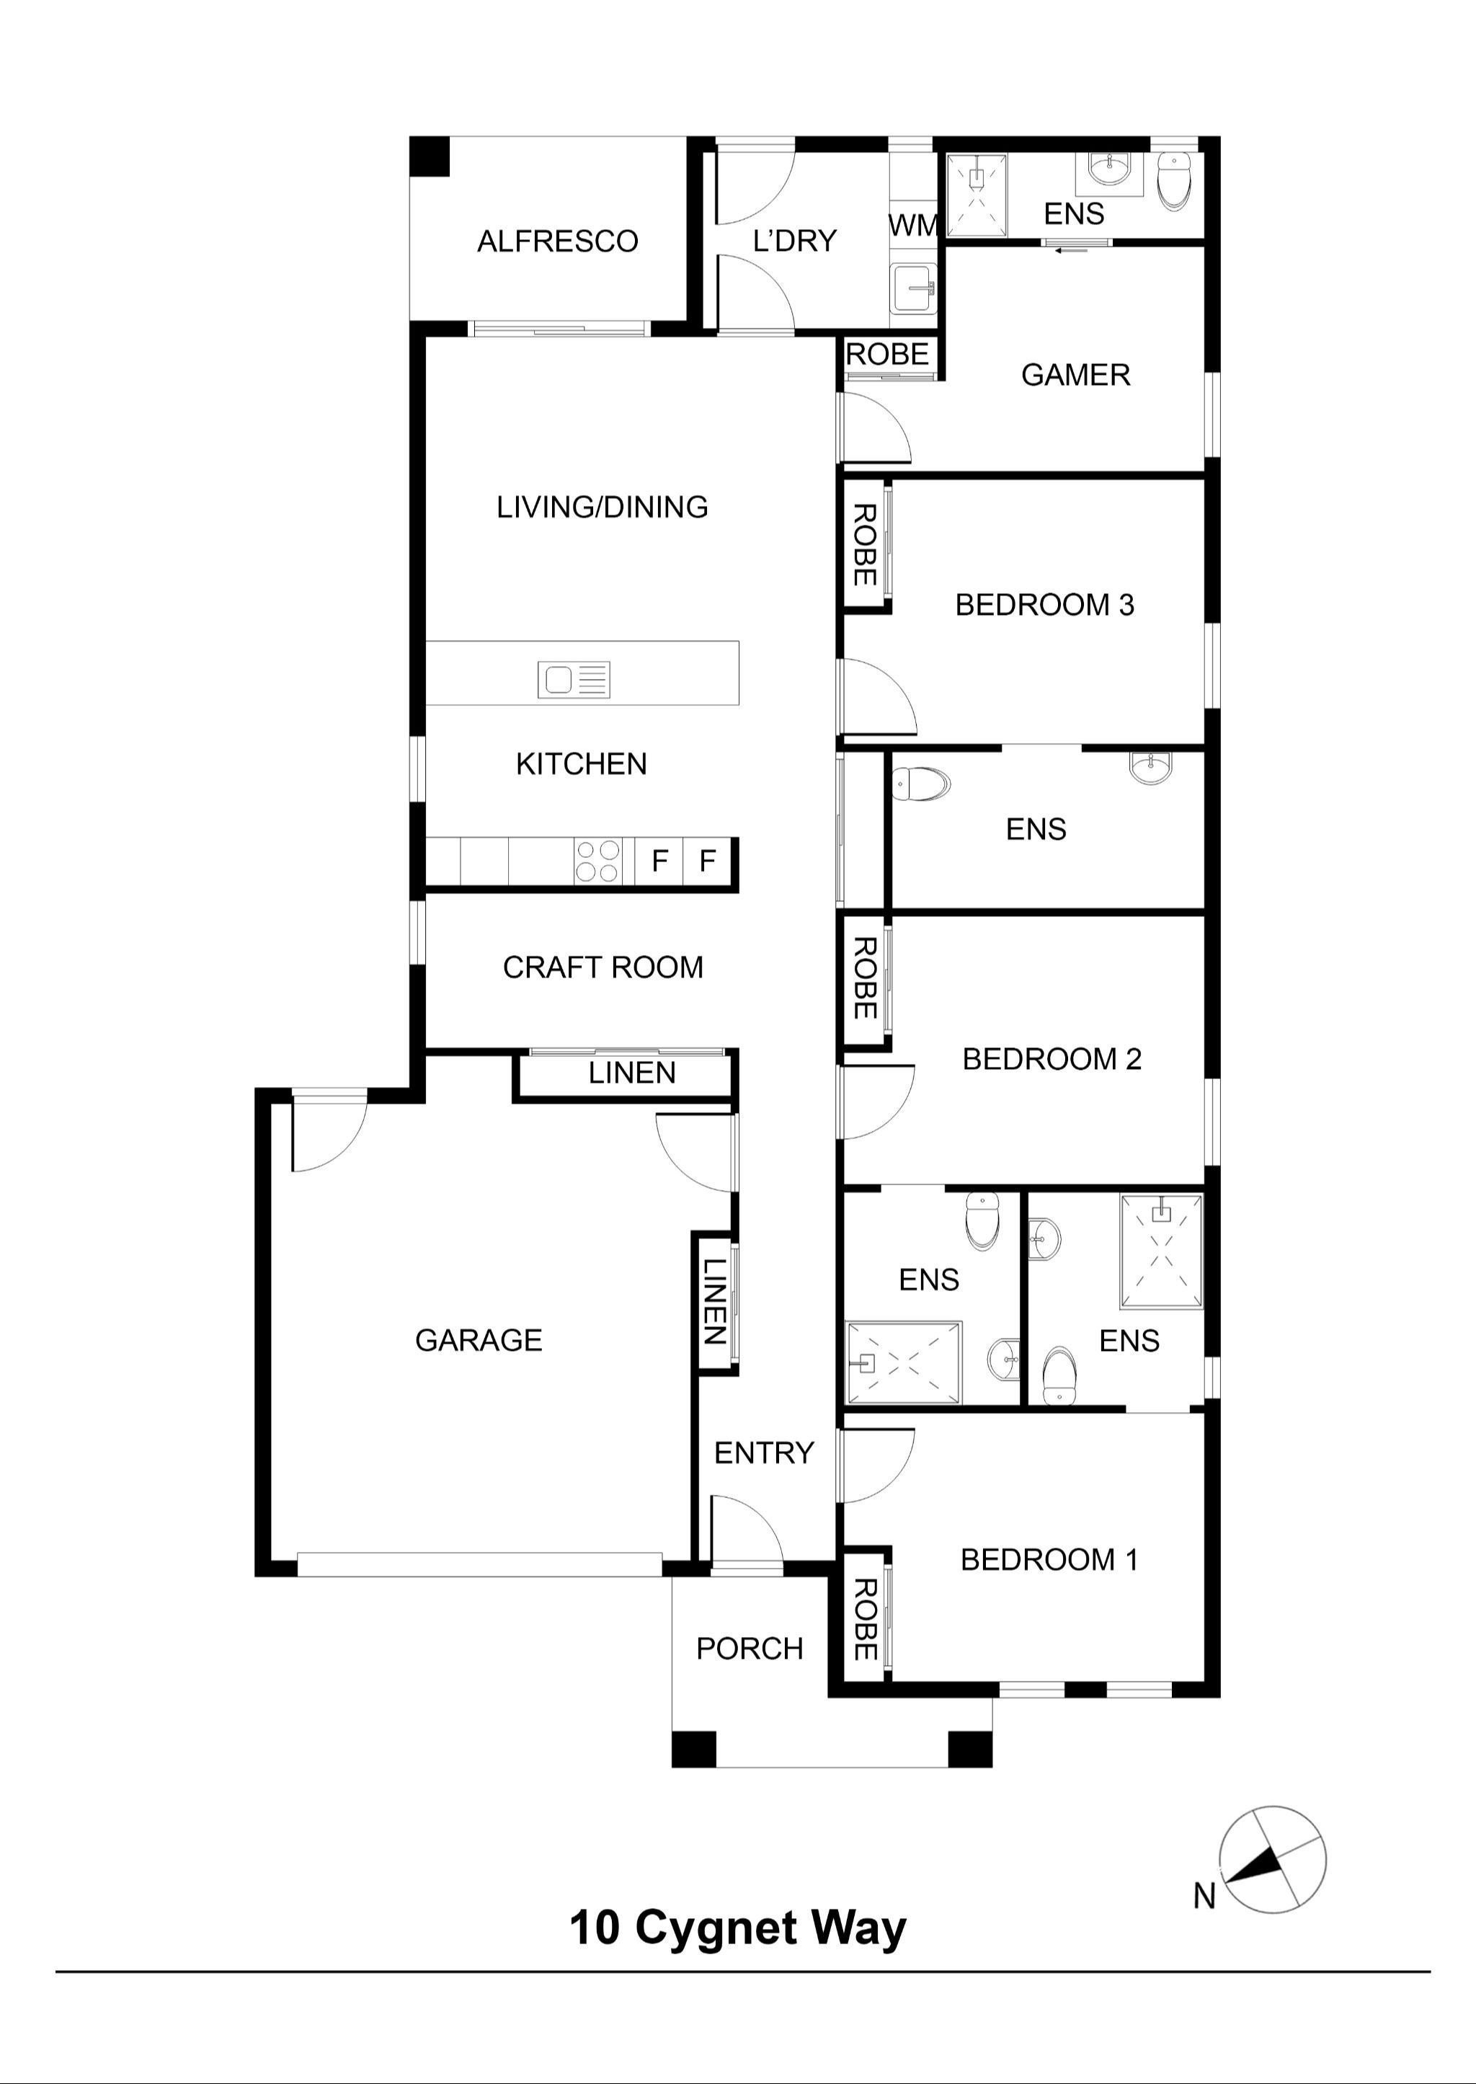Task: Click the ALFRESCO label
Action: [x=557, y=241]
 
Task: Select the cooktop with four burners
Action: [x=598, y=861]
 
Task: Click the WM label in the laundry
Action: [x=912, y=226]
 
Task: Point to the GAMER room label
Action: [x=1075, y=374]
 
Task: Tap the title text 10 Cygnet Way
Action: [x=737, y=1928]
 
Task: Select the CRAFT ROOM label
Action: [x=603, y=967]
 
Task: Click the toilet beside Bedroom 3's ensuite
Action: [x=920, y=784]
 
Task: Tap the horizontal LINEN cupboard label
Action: [x=631, y=1073]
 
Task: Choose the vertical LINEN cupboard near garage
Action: [x=714, y=1300]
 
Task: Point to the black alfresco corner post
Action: [x=430, y=157]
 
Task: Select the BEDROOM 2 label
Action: [x=1052, y=1059]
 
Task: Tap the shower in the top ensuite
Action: [x=977, y=195]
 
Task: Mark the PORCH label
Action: [x=749, y=1649]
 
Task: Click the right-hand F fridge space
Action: [x=707, y=860]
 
